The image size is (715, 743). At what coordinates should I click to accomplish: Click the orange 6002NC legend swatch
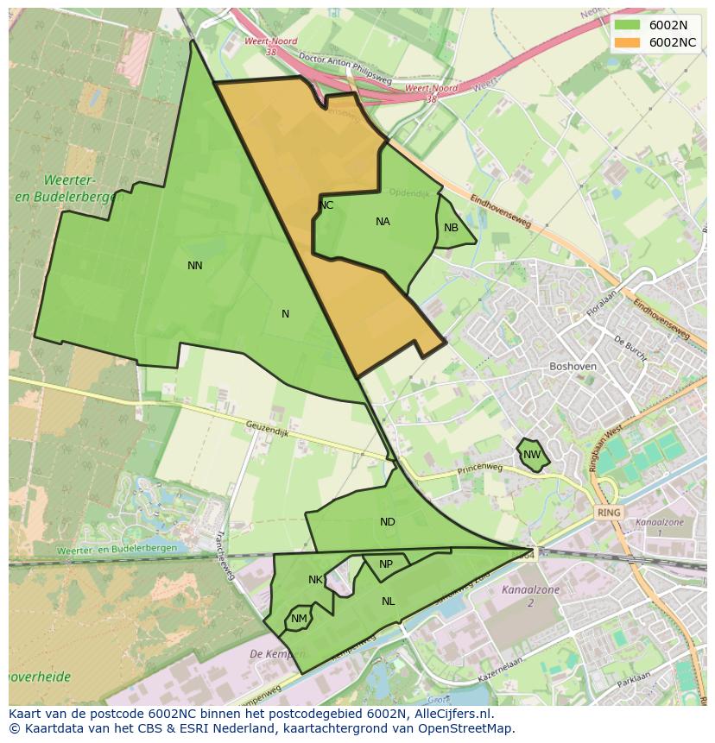[x=628, y=42]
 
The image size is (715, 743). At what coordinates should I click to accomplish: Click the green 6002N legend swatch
[x=628, y=25]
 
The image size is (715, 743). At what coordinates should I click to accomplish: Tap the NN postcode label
[x=195, y=266]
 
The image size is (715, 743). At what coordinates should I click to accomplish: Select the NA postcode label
[x=383, y=222]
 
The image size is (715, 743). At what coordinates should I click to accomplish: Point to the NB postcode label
[x=451, y=228]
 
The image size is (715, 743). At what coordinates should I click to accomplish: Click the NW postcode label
[x=532, y=455]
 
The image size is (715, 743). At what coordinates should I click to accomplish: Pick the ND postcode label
[x=387, y=522]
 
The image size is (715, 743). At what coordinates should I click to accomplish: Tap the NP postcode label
[x=386, y=564]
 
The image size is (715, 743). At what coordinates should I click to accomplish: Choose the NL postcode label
[x=389, y=601]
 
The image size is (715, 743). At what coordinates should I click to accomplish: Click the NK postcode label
[x=315, y=580]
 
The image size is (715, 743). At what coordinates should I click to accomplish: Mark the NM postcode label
[x=299, y=619]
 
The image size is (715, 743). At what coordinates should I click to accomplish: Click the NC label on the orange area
[x=326, y=205]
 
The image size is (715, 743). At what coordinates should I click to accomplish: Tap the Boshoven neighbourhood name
[x=573, y=366]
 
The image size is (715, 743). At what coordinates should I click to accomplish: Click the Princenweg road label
[x=479, y=467]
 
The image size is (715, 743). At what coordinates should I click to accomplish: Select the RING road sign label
[x=609, y=513]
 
